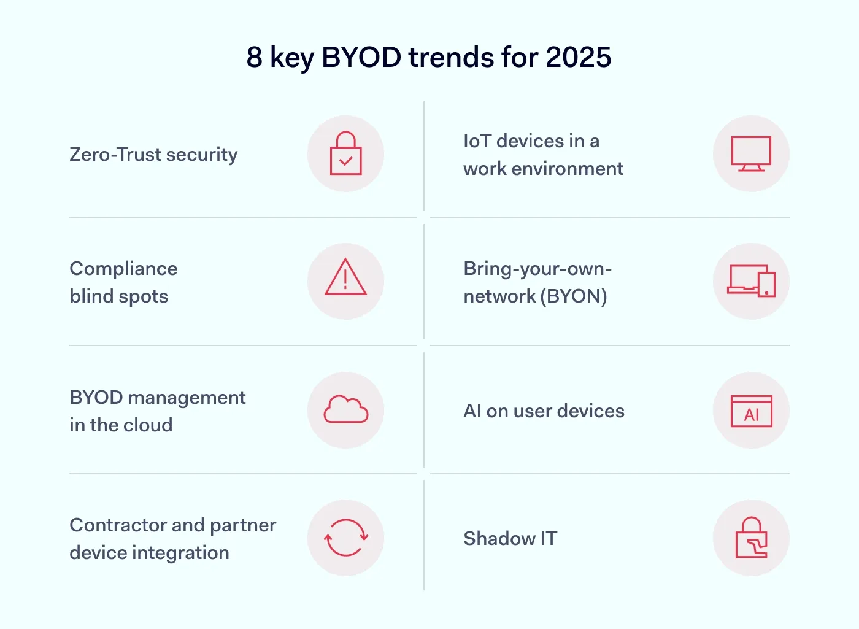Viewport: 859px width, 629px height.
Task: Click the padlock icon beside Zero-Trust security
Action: (345, 154)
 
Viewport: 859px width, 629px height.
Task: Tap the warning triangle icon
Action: (345, 278)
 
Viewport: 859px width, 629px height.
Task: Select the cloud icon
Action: (345, 410)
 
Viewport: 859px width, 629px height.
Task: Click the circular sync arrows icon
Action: (345, 538)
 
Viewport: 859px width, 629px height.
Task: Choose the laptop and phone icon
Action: (751, 282)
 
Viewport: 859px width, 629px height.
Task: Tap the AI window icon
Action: (751, 411)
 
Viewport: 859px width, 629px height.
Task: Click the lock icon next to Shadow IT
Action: (751, 538)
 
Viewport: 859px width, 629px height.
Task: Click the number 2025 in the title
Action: (578, 58)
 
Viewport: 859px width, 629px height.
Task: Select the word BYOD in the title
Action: (361, 58)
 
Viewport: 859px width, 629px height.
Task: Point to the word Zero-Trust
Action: (115, 155)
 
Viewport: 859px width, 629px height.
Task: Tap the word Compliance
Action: (123, 269)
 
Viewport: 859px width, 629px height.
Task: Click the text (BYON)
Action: (574, 296)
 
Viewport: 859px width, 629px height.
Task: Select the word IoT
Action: (477, 141)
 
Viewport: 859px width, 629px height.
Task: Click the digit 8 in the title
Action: (254, 58)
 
